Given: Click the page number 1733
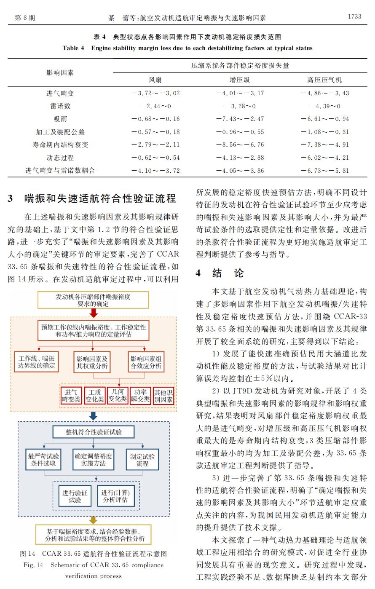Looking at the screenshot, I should (354, 17).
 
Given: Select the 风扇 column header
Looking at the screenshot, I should (155, 80).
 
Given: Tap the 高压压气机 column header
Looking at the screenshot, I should (324, 80).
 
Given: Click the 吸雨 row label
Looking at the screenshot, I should (60, 119).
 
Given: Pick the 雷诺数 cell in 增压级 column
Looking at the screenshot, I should (240, 106).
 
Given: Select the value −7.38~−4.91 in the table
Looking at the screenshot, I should (324, 145).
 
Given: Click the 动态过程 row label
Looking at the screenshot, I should (60, 158).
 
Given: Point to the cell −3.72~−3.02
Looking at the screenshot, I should (155, 93).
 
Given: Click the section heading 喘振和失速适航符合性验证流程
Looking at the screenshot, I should (100, 198).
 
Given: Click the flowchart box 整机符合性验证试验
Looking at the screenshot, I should (94, 432).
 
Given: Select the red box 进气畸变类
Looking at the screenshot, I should (71, 396).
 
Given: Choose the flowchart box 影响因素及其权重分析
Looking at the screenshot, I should (92, 362).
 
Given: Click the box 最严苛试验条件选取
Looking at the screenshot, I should (43, 460).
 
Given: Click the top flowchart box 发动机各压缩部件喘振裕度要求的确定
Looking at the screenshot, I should (93, 300).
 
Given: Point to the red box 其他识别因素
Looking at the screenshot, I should (163, 396).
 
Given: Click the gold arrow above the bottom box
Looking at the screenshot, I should (93, 520).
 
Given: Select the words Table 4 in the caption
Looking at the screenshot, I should (73, 48).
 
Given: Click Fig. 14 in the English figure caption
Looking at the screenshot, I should (33, 565).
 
